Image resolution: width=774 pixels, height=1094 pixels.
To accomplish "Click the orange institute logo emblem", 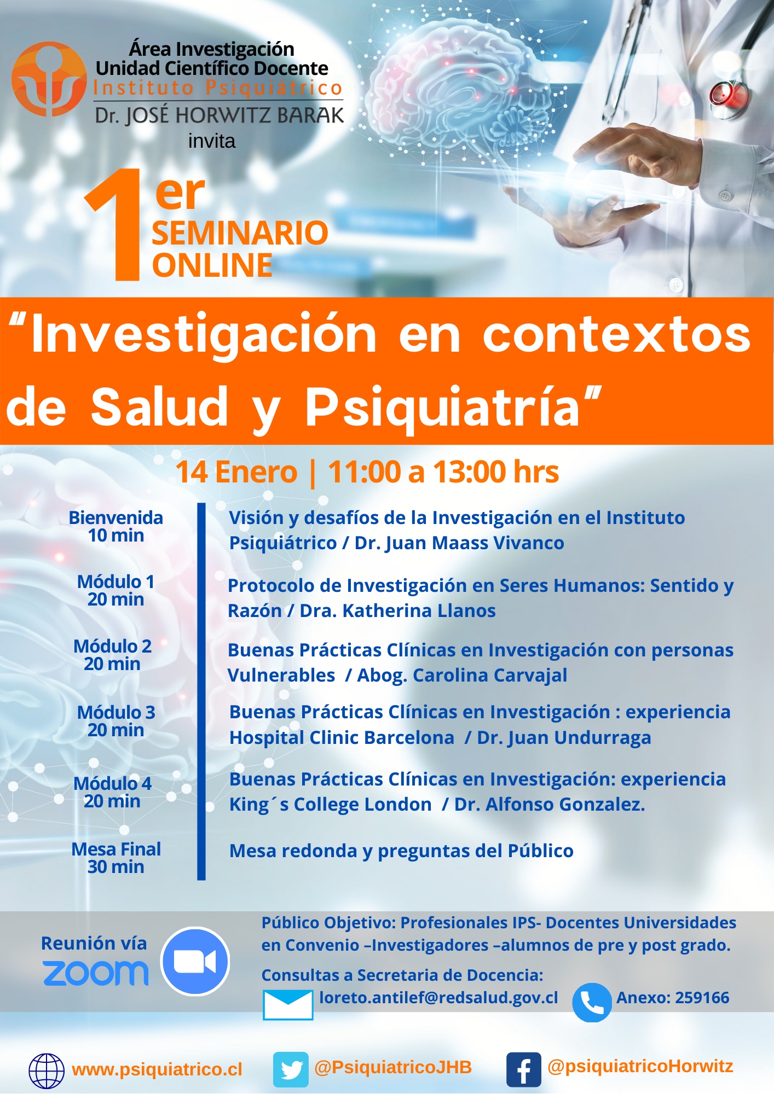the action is pyautogui.click(x=49, y=79).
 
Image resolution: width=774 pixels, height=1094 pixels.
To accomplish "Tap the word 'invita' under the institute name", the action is pyautogui.click(x=212, y=141).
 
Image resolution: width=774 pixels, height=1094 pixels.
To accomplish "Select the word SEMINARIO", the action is pyautogui.click(x=240, y=233).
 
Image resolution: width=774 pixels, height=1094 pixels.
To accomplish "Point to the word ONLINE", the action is pyautogui.click(x=212, y=265).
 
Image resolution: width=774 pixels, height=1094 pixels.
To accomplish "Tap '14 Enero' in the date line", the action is pyautogui.click(x=236, y=472).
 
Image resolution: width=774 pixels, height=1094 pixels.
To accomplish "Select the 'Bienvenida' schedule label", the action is pyautogui.click(x=116, y=517).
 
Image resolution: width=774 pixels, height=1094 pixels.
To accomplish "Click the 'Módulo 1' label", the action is pyautogui.click(x=115, y=581).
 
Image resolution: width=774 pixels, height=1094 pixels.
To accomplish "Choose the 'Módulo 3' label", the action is pyautogui.click(x=116, y=712).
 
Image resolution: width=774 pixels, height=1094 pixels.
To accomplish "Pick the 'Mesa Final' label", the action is pyautogui.click(x=116, y=849).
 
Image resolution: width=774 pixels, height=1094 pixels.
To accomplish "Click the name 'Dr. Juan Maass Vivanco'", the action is pyautogui.click(x=459, y=543).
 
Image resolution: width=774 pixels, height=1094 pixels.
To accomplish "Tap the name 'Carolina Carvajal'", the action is pyautogui.click(x=490, y=676).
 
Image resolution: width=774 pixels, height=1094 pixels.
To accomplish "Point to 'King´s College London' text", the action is pyautogui.click(x=331, y=805).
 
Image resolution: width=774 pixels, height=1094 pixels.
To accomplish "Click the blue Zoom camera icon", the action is pyautogui.click(x=195, y=961).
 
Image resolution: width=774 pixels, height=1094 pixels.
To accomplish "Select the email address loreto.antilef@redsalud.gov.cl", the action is pyautogui.click(x=438, y=998).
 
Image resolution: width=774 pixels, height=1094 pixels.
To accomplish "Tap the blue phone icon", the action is pyautogui.click(x=592, y=1003).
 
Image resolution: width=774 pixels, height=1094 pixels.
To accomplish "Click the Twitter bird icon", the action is pyautogui.click(x=291, y=1069).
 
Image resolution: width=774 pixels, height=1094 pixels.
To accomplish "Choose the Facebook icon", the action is pyautogui.click(x=524, y=1069).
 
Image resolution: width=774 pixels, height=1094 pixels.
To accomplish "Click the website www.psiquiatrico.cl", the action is pyautogui.click(x=157, y=1069).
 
